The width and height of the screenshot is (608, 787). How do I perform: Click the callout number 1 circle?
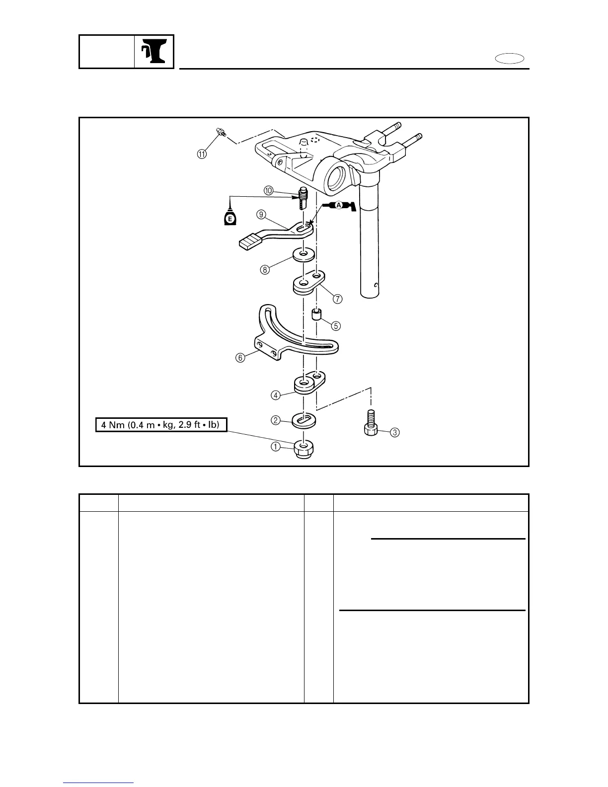[275, 447]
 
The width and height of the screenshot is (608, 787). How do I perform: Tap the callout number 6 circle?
[240, 358]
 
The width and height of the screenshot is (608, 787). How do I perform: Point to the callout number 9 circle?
[261, 215]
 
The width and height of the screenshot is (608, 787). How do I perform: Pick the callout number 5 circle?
[336, 326]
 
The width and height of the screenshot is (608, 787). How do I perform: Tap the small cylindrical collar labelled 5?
[316, 315]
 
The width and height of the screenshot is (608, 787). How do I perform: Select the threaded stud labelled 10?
[303, 199]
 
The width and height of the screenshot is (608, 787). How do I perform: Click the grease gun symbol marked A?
[341, 206]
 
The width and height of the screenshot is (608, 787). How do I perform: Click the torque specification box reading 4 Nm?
[161, 425]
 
